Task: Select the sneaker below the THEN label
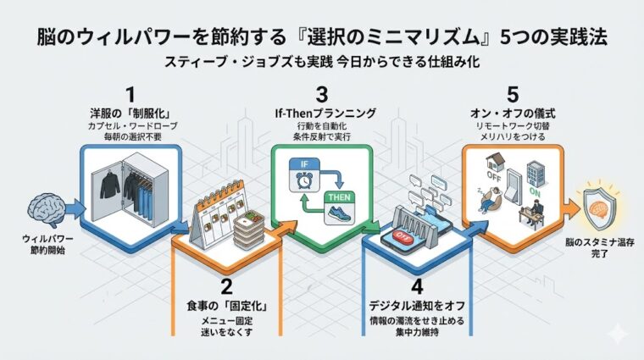click(341, 213)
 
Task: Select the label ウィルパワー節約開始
click(44, 246)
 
